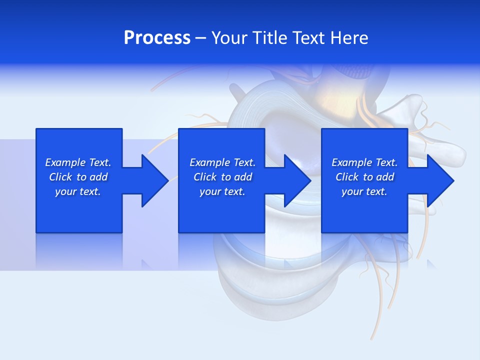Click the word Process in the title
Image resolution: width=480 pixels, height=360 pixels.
click(x=157, y=38)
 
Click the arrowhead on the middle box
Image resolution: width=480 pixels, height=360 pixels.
click(x=294, y=180)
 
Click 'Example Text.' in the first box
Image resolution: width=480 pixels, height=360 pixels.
click(x=78, y=162)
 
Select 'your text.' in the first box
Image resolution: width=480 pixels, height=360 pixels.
click(x=78, y=191)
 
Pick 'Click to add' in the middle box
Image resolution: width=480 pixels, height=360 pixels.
click(x=222, y=177)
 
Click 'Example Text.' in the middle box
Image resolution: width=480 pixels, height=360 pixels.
click(x=222, y=162)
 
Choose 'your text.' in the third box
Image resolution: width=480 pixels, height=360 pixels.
click(x=364, y=191)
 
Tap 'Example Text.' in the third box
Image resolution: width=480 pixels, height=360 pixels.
click(x=364, y=162)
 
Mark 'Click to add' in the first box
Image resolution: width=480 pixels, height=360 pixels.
click(x=78, y=177)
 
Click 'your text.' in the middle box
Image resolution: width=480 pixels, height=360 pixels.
click(x=222, y=191)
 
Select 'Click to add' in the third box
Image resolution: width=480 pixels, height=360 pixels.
click(x=364, y=177)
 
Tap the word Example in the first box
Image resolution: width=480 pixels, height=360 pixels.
click(x=65, y=162)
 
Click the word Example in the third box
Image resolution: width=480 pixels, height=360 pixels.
click(x=351, y=162)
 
